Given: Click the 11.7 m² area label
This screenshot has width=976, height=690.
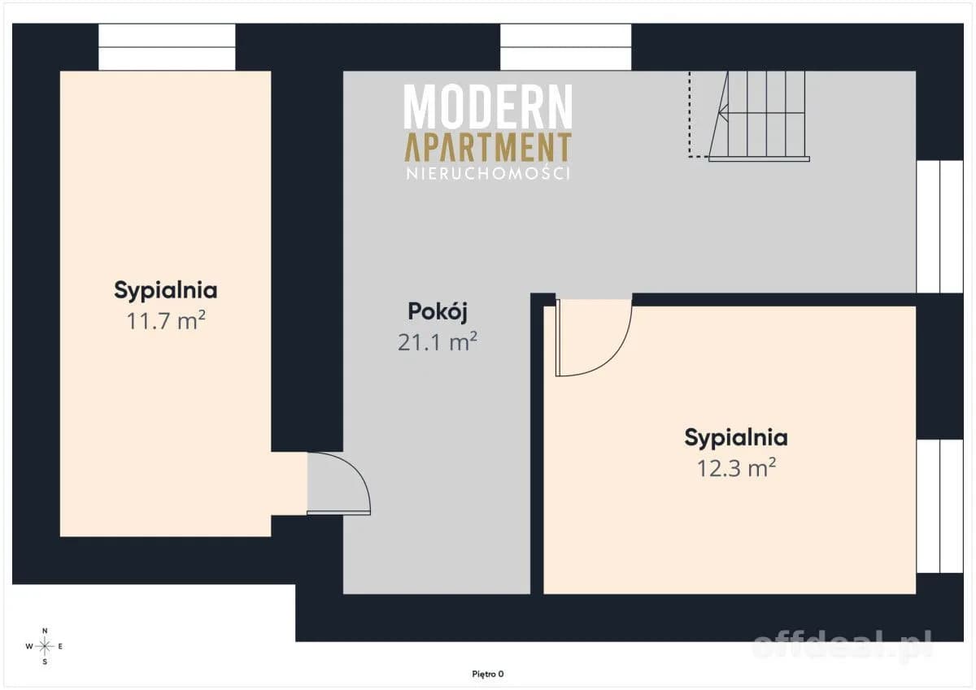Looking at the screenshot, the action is click(x=166, y=321).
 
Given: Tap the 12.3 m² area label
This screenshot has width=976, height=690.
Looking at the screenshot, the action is click(x=736, y=468).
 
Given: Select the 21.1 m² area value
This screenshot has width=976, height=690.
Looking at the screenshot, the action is click(x=438, y=341).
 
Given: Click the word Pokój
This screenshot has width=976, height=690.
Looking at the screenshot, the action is click(x=438, y=312).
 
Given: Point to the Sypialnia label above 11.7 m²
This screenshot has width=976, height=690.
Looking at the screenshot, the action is click(x=166, y=290).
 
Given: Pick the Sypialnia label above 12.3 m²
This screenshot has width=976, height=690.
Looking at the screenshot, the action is click(x=736, y=437).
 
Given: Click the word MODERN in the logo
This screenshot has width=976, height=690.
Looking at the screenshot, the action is click(x=488, y=106).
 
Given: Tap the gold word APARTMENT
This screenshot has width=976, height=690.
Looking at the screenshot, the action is click(x=488, y=147).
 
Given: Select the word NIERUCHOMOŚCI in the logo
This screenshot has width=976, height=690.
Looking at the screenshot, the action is click(x=488, y=174).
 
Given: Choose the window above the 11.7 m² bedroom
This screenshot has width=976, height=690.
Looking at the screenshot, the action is click(x=167, y=47).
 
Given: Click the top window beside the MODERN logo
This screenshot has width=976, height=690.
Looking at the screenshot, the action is click(x=565, y=47).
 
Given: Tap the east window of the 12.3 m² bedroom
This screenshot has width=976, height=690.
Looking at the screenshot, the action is click(x=940, y=506).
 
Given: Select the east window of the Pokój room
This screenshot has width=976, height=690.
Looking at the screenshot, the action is click(x=940, y=227).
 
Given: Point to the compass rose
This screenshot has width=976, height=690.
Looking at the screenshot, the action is click(x=45, y=646).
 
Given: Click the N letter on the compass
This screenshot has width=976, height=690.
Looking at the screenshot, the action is click(x=45, y=631).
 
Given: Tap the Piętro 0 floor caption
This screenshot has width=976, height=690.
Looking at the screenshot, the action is click(x=488, y=675).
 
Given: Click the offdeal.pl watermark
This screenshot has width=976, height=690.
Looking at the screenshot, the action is click(x=843, y=645).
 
